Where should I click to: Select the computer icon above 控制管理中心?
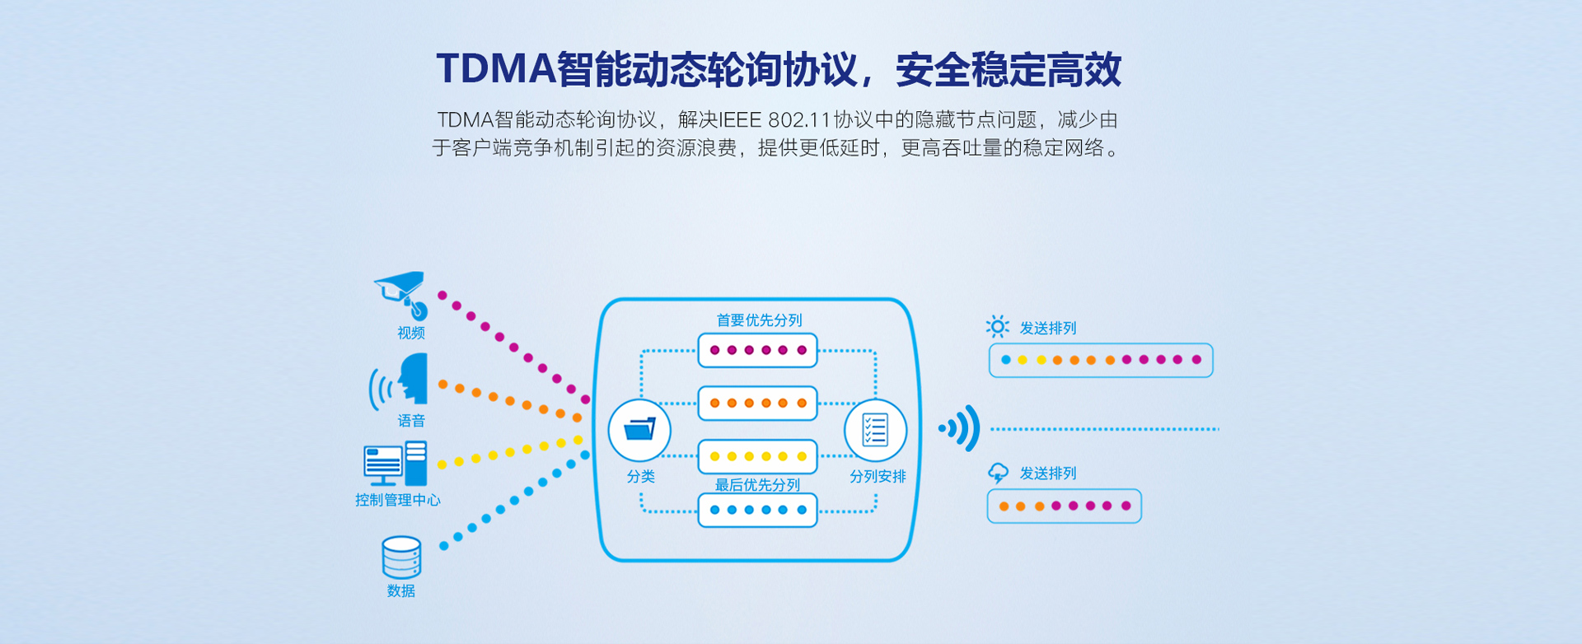coord(395,464)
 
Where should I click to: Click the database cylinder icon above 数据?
coord(401,558)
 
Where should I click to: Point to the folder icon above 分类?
coord(639,430)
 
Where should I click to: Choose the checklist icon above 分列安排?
coord(875,430)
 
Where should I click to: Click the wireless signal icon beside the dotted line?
coord(961,428)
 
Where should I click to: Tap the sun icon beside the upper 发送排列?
coord(997,327)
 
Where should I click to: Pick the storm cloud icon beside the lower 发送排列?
coord(998,473)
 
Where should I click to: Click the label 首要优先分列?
coord(759,320)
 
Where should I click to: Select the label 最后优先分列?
coord(757,485)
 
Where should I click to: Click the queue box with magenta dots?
coord(757,350)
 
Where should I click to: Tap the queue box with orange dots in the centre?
coord(757,404)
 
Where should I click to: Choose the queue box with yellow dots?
coord(757,456)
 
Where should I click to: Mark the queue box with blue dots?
coord(757,510)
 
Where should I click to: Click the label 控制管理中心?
coord(397,500)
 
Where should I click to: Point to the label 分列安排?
coord(878,477)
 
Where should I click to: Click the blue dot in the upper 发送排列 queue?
coord(1005,360)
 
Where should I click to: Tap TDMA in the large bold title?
coord(495,68)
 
